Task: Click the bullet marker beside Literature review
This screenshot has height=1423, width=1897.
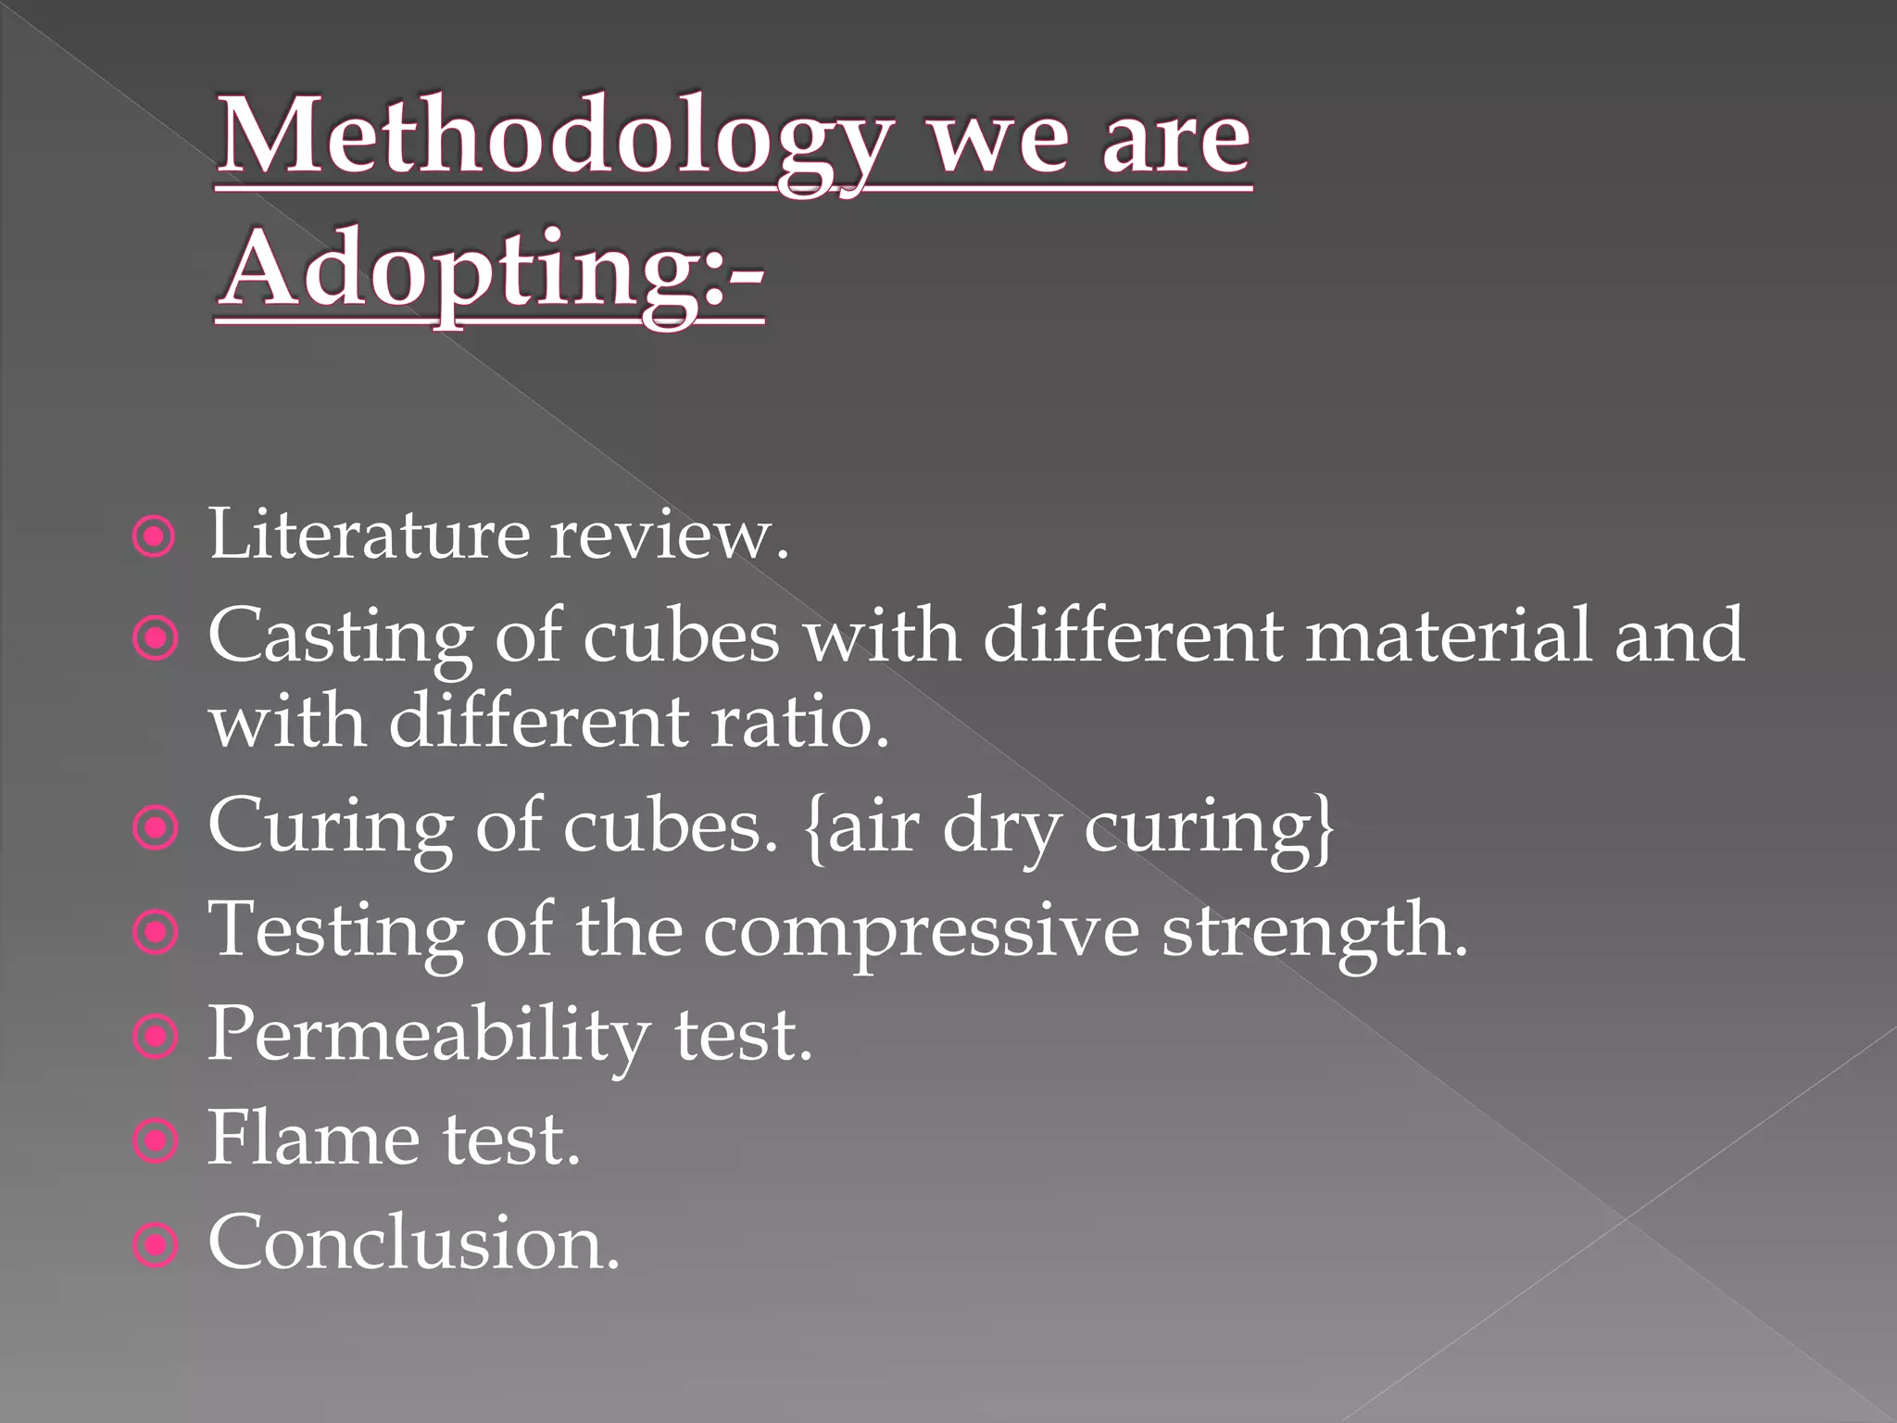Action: [155, 536]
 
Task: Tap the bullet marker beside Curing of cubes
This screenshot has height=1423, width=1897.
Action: [155, 830]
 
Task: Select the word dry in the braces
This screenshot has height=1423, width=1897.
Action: [1001, 828]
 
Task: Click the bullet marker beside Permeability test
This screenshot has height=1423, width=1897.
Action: [155, 1039]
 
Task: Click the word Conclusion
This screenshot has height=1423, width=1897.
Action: [413, 1243]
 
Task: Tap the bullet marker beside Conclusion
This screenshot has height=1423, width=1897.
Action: [155, 1247]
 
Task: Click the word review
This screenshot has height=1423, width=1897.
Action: [668, 535]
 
